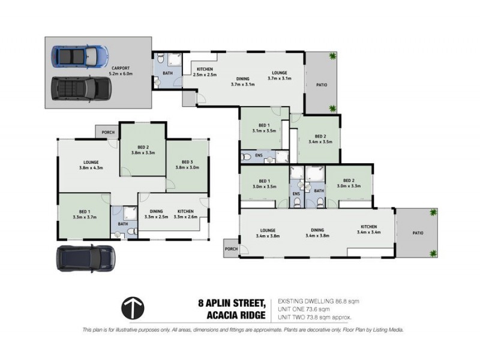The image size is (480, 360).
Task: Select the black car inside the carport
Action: tap(81, 89)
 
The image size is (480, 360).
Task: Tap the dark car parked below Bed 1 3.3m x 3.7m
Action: tap(86, 258)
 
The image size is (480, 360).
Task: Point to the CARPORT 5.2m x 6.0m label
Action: tap(120, 71)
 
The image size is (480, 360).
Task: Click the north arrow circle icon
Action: tap(132, 308)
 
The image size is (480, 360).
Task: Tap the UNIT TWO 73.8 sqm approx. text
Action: tap(313, 316)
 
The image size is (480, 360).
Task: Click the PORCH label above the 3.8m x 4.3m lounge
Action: tap(108, 133)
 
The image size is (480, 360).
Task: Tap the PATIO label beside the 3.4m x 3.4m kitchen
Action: tap(417, 233)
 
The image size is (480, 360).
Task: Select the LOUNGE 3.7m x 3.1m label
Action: tap(279, 75)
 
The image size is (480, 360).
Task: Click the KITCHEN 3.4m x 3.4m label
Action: tap(369, 229)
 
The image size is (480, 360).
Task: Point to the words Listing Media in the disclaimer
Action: tap(388, 330)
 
